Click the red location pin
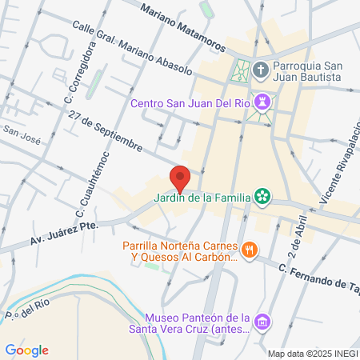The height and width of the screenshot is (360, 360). coord(180,177)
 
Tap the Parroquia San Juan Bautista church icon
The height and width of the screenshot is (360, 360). coord(261,70)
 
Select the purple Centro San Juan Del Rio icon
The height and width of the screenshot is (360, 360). coord(262,103)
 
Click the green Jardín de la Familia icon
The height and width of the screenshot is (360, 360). coord(262,196)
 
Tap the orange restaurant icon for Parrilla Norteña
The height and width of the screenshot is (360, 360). coord(250,250)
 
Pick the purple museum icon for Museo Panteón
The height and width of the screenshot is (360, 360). coord(261,322)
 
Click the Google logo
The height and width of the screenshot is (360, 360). coord(27,350)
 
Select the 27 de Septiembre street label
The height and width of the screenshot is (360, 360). coord(106,132)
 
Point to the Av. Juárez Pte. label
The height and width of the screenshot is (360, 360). coord(65,232)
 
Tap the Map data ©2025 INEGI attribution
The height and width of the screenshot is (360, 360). coord(311,354)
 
